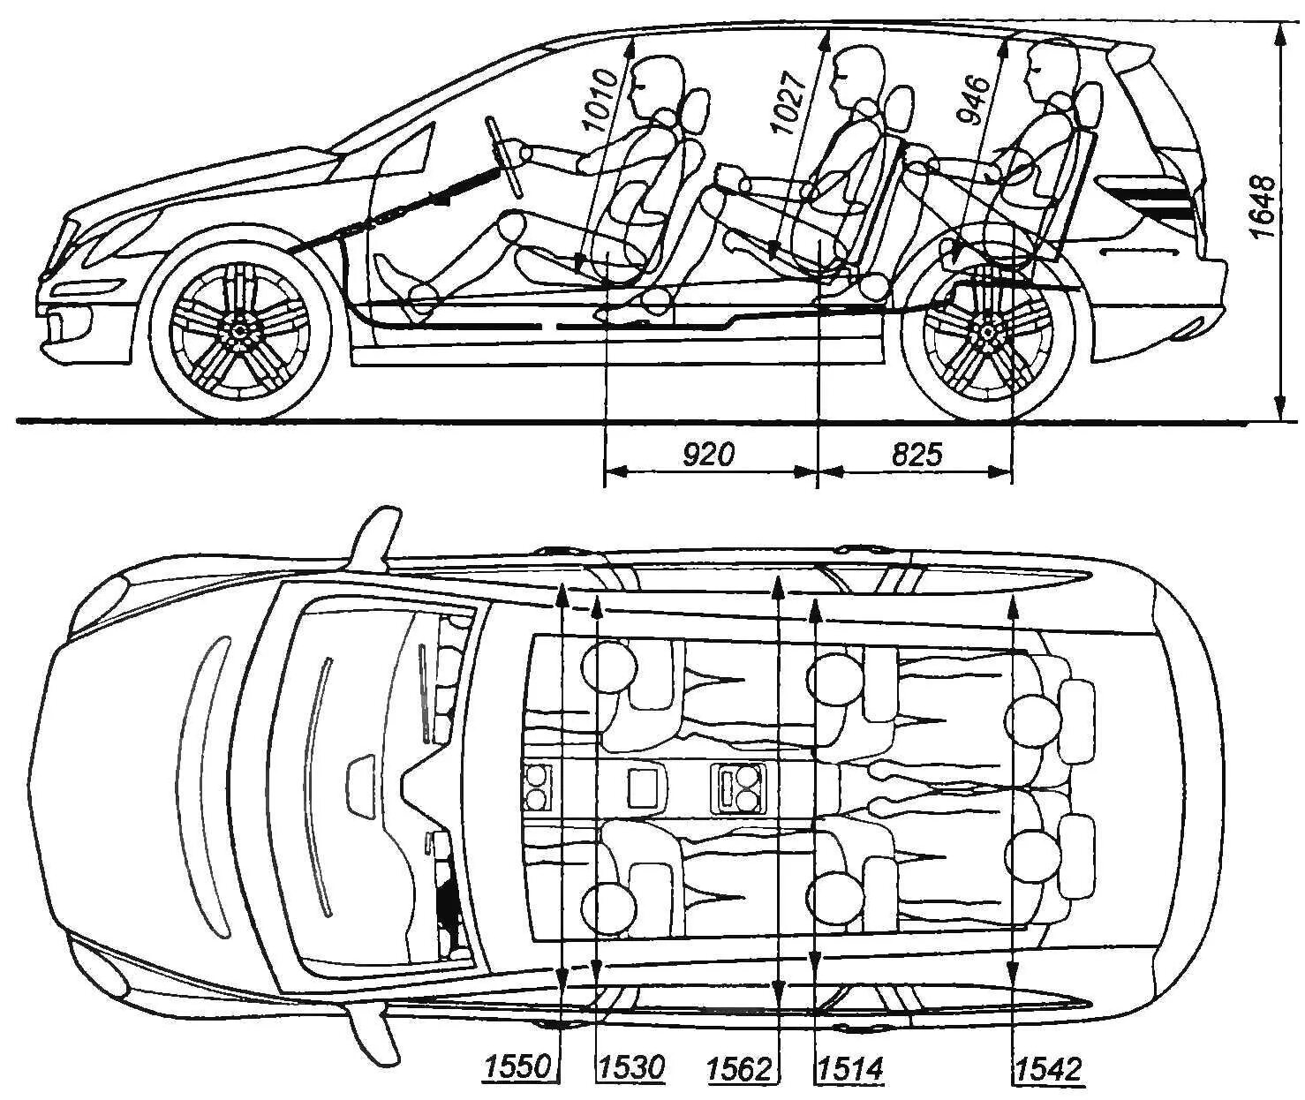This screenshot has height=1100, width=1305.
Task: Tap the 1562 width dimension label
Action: (x=740, y=1069)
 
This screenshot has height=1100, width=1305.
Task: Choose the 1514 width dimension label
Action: (x=850, y=1069)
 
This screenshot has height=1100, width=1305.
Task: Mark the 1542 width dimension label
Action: (x=1048, y=1069)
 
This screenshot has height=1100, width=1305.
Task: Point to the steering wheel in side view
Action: (x=505, y=155)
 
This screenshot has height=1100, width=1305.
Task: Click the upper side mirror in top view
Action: (x=375, y=534)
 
